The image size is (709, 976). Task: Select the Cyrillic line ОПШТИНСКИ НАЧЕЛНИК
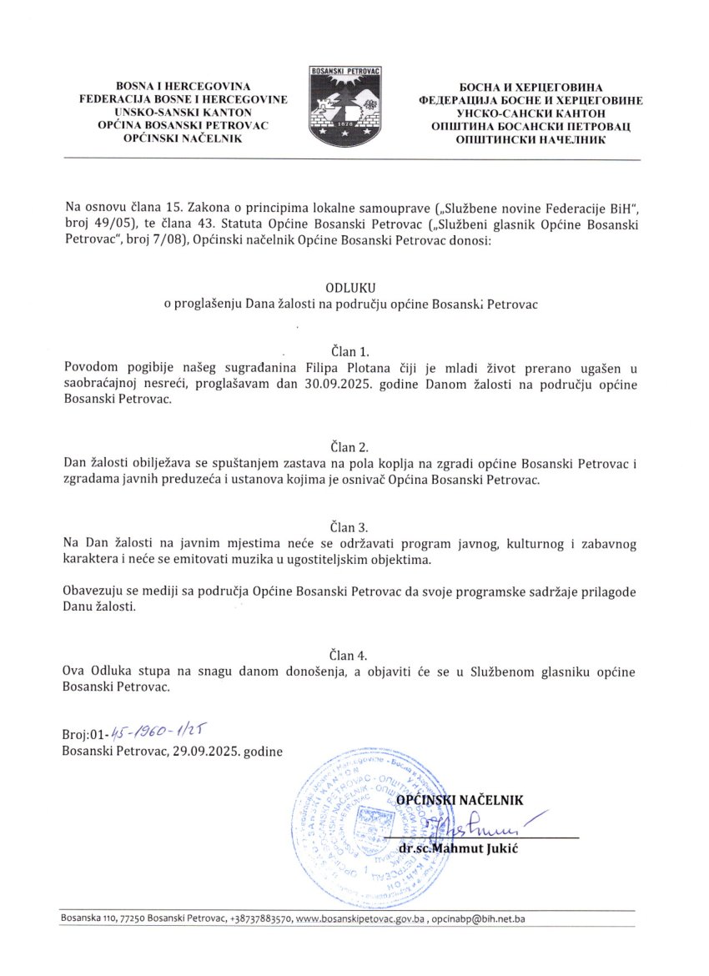click(x=530, y=139)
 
